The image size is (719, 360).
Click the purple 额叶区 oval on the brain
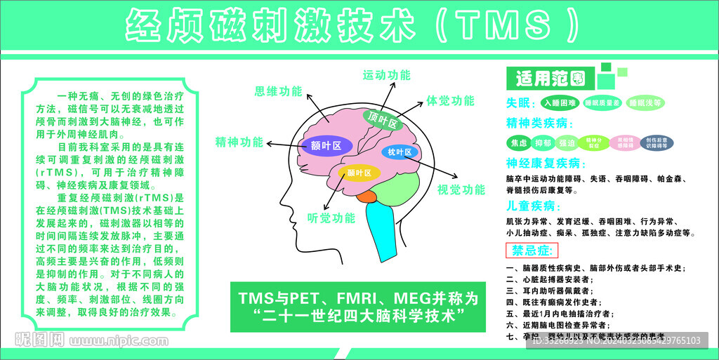point(325,145)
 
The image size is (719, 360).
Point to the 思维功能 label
point(278,92)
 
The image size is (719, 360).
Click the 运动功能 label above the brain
point(386,75)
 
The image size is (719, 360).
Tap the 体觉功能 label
point(450,101)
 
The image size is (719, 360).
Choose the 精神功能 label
point(239,142)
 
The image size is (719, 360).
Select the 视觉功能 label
point(461,189)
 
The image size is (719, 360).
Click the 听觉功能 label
point(331,218)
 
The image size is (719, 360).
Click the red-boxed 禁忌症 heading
point(532,251)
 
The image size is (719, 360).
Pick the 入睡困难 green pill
point(559,103)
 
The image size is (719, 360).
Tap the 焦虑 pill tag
point(518,143)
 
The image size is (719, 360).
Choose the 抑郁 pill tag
point(542,143)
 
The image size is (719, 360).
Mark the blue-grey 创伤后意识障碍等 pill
point(657,143)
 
